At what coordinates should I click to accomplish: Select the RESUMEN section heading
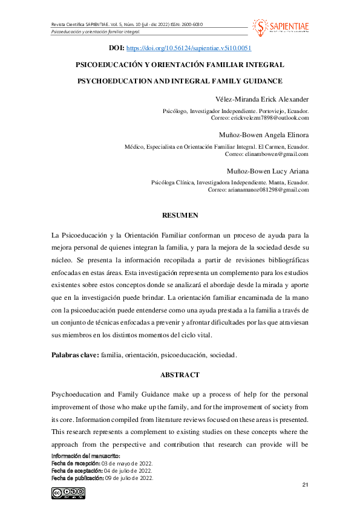(x=180, y=215)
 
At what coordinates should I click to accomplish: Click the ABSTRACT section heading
(x=180, y=375)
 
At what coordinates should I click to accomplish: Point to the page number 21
(x=305, y=485)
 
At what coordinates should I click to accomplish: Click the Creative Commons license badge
(x=68, y=493)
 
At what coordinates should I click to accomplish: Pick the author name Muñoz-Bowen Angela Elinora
(x=263, y=135)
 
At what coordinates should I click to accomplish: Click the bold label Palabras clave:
(x=75, y=355)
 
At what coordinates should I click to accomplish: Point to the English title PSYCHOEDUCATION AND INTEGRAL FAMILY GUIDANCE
(x=180, y=80)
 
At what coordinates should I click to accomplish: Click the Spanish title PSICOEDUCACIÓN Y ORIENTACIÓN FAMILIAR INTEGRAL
(x=180, y=63)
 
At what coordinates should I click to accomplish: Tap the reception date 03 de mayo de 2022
(x=131, y=463)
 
